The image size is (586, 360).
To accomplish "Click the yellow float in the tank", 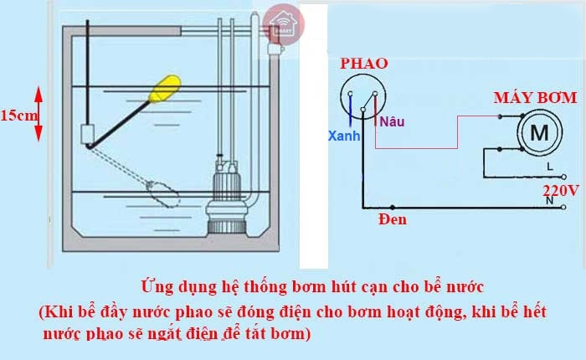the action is coord(165,89).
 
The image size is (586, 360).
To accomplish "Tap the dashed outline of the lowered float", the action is coord(163,194).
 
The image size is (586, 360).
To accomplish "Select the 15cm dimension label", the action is coord(19,116).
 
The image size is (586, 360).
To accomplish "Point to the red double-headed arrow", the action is coord(39,114).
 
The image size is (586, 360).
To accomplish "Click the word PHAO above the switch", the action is coord(363,64).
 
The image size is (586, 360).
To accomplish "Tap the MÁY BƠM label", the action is coord(535,98).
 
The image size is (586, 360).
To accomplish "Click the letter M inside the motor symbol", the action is coord(539,132).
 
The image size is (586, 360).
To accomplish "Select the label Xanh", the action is coord(344,136).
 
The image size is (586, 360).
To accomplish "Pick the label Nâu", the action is coord(392,121).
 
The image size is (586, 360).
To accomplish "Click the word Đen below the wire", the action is coord(393,219).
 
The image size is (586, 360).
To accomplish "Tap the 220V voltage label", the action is coord(561,191).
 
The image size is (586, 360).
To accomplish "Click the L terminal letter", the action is coord(550,167).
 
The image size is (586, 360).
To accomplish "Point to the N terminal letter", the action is coord(549,201).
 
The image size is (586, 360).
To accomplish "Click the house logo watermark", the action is coord(283,24).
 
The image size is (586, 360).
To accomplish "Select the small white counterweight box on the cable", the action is coord(87,134).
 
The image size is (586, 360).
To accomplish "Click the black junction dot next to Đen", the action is coord(392,207).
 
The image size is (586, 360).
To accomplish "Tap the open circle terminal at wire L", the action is coord(564,177).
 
